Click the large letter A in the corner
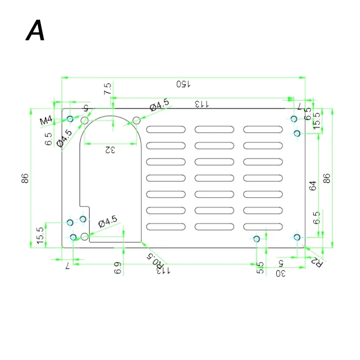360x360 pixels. pos(36,31)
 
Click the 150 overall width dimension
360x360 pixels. pos(184,84)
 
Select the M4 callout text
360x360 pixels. pos(46,121)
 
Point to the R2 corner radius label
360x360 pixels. pos(318,262)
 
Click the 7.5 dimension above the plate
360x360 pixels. pos(107,89)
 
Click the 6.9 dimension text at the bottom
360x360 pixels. pos(118,269)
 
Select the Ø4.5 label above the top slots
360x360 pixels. pos(160,106)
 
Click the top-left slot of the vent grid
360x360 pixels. pos(166,130)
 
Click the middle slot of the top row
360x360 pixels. pos(214,130)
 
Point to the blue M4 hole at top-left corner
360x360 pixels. pos(70,119)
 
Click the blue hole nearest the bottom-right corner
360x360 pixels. pos(297,237)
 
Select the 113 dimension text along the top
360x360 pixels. pos(202,104)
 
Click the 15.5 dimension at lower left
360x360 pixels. pos(40,236)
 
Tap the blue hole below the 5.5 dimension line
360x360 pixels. pos(256,239)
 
